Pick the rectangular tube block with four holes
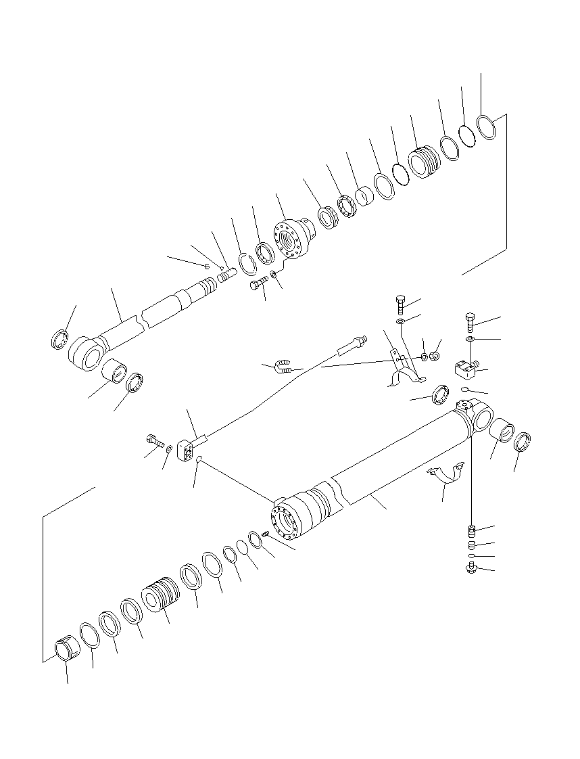point(186,451)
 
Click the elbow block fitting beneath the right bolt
point(465,369)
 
